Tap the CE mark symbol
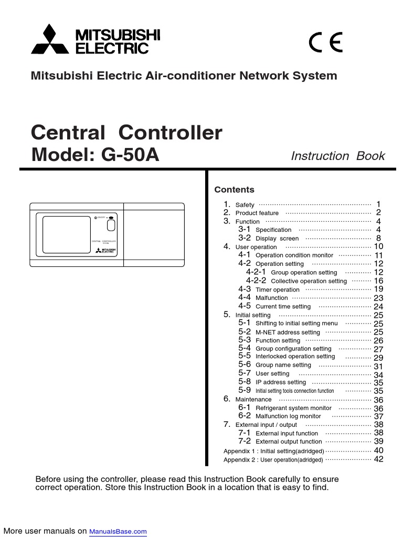(325, 42)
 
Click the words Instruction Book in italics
(337, 156)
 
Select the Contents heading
(234, 190)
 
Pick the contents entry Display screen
(277, 238)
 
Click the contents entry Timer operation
(277, 289)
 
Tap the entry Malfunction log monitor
(288, 416)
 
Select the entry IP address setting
(280, 382)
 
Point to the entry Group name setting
(283, 365)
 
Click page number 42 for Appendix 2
(378, 459)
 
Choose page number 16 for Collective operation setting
(378, 281)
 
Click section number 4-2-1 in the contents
(256, 272)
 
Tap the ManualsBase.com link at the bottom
(118, 532)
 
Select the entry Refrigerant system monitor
(293, 408)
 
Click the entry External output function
(289, 442)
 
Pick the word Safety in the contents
(245, 205)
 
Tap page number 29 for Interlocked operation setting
(378, 358)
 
